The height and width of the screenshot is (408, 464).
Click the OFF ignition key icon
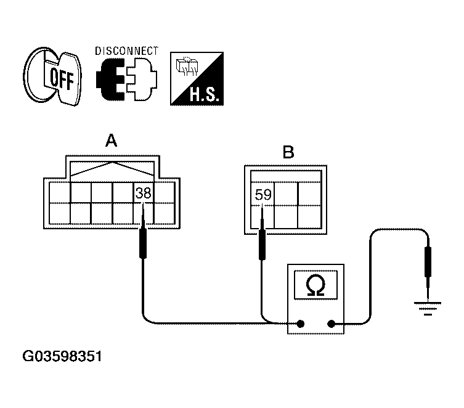coord(52,76)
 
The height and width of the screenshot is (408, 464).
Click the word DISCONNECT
coord(127,51)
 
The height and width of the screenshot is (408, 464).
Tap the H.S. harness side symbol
coord(197,79)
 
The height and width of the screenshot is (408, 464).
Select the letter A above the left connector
coord(112,141)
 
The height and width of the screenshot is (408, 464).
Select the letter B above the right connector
coord(288,152)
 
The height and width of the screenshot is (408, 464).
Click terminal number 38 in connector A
coord(143,193)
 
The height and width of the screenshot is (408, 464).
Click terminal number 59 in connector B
coord(263,195)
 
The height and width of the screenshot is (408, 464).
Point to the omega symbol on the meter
coord(315,285)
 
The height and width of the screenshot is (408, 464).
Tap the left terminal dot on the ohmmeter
coord(300,324)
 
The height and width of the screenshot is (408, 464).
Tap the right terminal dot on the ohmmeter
coord(332,324)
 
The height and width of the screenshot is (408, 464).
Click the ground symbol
coord(428,309)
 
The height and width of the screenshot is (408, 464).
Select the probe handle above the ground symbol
coord(428,262)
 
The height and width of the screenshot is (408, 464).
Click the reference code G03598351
coord(62,356)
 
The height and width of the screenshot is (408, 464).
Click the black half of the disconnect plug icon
coord(111,80)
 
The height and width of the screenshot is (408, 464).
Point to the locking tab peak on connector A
coord(112,163)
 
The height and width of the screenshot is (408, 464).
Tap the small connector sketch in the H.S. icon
coord(187,66)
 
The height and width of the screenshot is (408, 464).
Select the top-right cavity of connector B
coord(309,194)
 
